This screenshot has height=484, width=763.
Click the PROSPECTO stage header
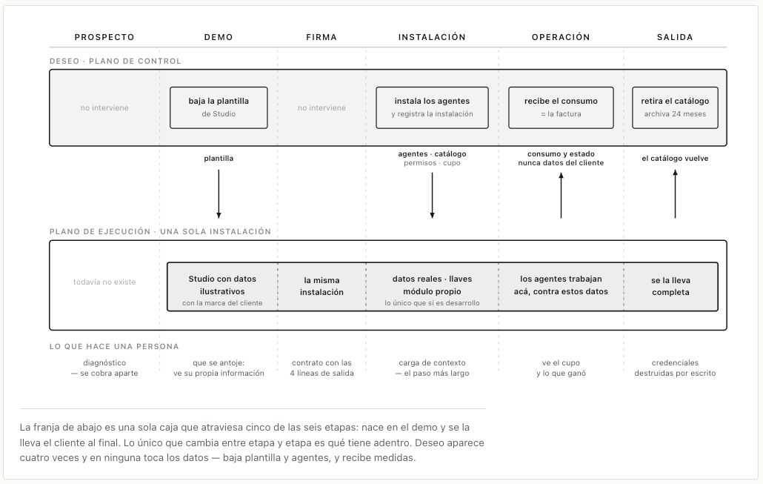(x=104, y=37)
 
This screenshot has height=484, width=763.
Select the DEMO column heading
(x=219, y=37)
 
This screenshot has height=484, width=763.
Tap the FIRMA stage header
(x=321, y=37)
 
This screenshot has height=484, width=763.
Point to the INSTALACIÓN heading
(x=432, y=37)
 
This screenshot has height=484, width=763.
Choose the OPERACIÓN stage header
(x=561, y=37)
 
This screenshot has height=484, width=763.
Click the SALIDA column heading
(x=675, y=37)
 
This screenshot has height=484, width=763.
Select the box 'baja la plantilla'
(x=219, y=107)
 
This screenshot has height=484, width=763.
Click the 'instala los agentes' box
(x=432, y=107)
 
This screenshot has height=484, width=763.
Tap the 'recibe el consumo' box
(x=561, y=107)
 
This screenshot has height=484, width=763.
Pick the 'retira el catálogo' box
(x=675, y=107)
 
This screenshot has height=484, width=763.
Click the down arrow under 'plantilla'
(x=219, y=193)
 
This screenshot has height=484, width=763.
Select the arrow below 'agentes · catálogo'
(x=432, y=195)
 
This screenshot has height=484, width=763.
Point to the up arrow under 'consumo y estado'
(x=561, y=195)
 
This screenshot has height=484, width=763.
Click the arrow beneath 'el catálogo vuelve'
(x=675, y=193)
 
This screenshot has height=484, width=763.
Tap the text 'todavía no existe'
(x=104, y=282)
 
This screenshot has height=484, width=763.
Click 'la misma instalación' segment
(x=321, y=286)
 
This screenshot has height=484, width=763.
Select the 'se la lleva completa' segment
(x=670, y=286)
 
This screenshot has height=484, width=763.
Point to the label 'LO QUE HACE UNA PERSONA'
(x=114, y=347)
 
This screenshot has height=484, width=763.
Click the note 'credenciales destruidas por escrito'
(x=675, y=368)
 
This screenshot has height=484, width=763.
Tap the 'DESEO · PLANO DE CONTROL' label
(x=116, y=62)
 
